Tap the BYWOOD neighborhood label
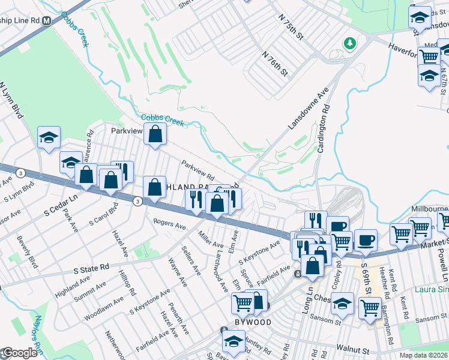pos(252,322)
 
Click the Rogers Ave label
pos(169,225)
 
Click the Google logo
pos(19,353)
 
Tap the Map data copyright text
pos(423,355)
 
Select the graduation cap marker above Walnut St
pos(234,342)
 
